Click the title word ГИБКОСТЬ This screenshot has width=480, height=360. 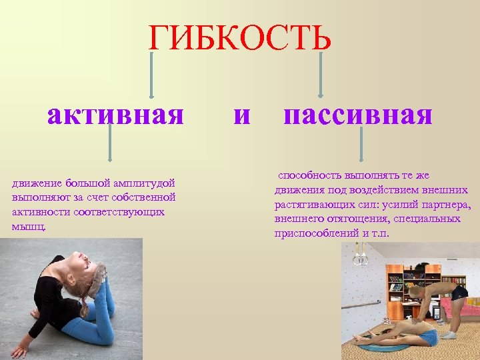pos(239,39)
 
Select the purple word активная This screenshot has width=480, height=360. pos(115,115)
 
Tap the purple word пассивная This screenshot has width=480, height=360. pos(358,115)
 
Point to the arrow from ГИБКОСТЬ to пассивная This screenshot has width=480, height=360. pos(321,75)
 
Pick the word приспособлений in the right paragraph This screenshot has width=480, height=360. pos(311,234)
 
